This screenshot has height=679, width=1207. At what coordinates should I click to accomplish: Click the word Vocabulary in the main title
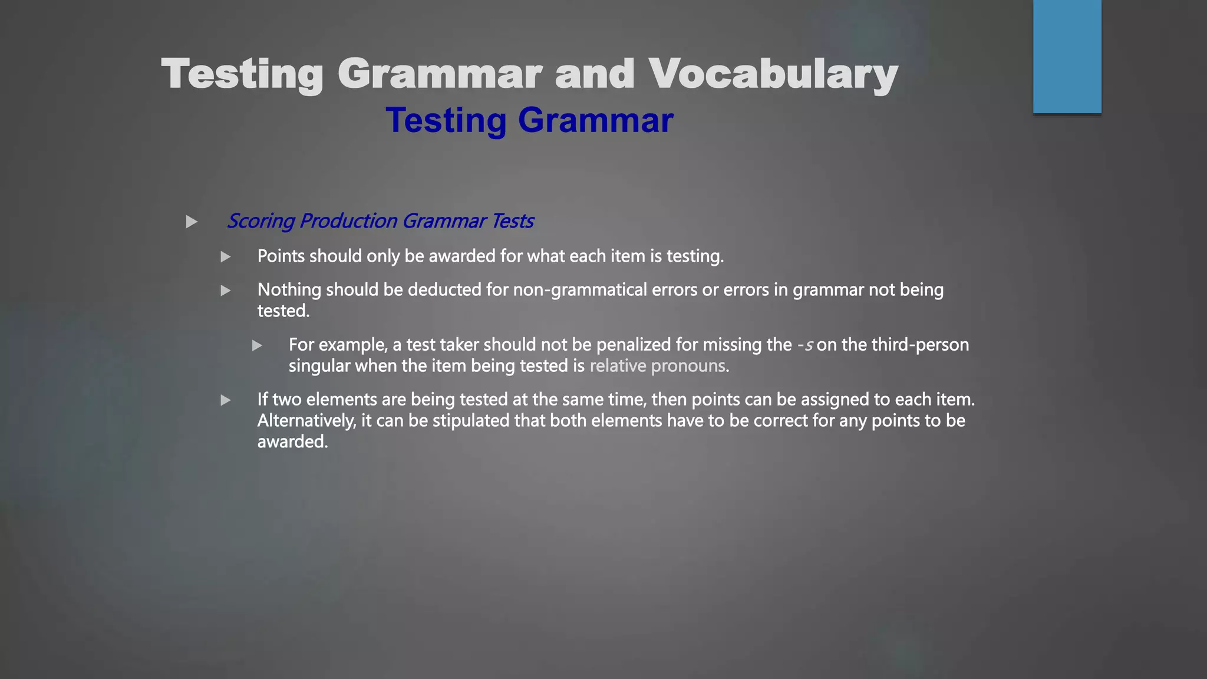tap(773, 74)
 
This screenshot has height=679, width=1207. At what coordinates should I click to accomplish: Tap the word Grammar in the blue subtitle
tap(595, 120)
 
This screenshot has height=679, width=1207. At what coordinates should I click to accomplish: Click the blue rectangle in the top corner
tap(1067, 56)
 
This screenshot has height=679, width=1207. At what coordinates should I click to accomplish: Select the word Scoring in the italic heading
tap(260, 221)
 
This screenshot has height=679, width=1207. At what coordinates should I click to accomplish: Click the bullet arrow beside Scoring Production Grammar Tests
tap(192, 222)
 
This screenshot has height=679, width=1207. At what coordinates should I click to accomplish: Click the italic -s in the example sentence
tap(805, 345)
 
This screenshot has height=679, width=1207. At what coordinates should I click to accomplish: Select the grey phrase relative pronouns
tap(657, 366)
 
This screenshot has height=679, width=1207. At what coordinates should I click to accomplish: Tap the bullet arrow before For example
tap(257, 346)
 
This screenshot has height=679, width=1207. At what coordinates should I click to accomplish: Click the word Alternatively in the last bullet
tap(306, 421)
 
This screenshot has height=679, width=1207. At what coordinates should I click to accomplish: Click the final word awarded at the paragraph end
tap(292, 442)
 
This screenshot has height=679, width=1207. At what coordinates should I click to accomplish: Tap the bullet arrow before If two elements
tap(225, 401)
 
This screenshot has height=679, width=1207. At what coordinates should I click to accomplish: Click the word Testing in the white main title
tap(242, 74)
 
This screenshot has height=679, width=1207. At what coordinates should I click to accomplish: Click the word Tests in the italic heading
tap(512, 221)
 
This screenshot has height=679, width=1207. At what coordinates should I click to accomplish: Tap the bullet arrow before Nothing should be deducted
tap(225, 291)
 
